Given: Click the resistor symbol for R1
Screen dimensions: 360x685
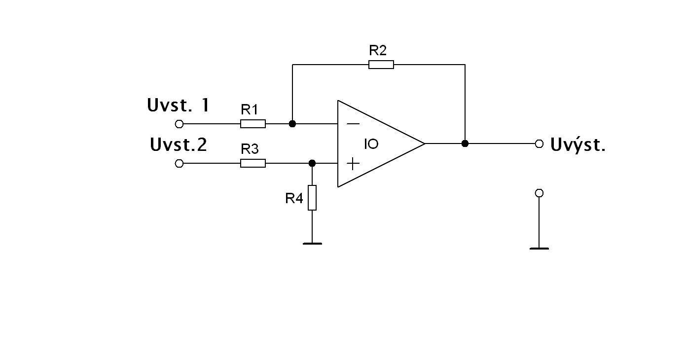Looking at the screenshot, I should (x=253, y=124).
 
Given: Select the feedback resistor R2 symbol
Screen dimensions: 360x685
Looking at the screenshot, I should (x=381, y=64).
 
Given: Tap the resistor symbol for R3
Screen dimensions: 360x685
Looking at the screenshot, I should (x=253, y=163).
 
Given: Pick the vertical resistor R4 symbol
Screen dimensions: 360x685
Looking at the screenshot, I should (x=312, y=198).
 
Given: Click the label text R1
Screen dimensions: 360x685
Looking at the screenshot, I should (x=250, y=109).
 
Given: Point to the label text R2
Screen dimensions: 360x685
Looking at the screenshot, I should (x=378, y=50).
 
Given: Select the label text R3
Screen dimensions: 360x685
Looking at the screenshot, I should (x=250, y=149).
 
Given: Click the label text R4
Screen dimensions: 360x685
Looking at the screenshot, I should (x=294, y=198).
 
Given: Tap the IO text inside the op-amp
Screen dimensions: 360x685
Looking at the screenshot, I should (x=371, y=144).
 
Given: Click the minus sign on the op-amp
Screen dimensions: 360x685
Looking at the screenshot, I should (x=353, y=124).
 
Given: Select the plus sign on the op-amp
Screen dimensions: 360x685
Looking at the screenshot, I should (x=353, y=163).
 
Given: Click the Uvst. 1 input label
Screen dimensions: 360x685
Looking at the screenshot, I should (x=178, y=105).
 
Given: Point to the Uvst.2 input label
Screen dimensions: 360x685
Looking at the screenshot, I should (x=179, y=145).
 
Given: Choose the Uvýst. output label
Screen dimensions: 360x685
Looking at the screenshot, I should (x=577, y=145).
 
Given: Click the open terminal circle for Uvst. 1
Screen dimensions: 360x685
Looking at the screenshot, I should (x=179, y=124).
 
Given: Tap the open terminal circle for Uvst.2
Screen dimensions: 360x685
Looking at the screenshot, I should (x=179, y=163).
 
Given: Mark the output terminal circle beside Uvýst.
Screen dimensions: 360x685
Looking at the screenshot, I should (x=539, y=144).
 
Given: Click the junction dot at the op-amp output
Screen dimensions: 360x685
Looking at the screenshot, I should (x=465, y=144).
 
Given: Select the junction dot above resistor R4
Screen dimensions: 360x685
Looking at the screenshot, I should (x=312, y=163).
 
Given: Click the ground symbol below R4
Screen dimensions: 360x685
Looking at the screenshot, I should (x=312, y=243).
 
